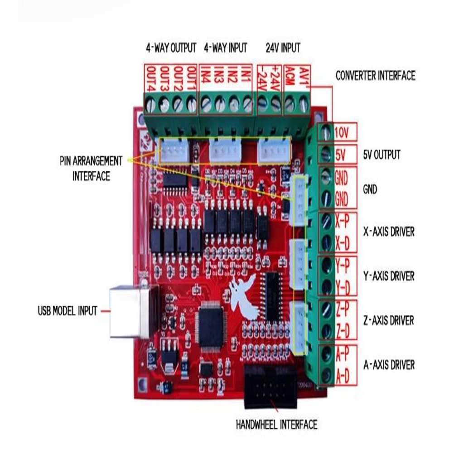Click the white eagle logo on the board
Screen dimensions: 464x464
(x=245, y=297)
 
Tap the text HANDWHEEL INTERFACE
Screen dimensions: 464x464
(x=276, y=425)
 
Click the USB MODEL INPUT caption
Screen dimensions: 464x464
(x=68, y=311)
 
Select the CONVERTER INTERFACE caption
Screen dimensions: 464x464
(x=375, y=76)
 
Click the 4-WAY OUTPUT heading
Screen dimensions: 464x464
(x=171, y=48)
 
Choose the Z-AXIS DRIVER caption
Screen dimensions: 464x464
(x=389, y=321)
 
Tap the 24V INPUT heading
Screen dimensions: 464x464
(x=283, y=48)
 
